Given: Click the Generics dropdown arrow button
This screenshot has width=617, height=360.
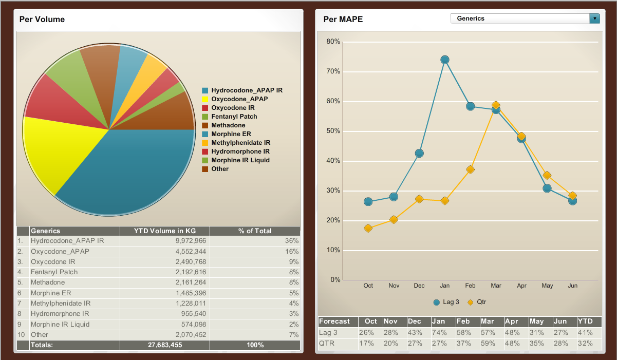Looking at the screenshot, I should [x=595, y=18].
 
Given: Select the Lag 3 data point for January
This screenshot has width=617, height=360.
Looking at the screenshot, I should [x=445, y=60].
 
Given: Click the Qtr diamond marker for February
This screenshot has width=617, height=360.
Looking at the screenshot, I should [x=470, y=169].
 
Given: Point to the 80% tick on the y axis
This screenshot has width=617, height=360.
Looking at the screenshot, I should [x=333, y=42].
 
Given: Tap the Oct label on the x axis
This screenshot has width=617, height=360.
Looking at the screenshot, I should [x=368, y=286].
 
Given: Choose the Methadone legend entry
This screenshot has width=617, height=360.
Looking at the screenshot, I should [x=228, y=125].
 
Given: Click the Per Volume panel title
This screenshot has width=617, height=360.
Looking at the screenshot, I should [x=42, y=20].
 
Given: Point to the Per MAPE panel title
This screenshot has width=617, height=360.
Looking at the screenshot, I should [x=343, y=20].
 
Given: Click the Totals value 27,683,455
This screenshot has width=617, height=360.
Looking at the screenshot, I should [x=165, y=345].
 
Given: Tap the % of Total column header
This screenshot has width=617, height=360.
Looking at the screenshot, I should [x=255, y=231].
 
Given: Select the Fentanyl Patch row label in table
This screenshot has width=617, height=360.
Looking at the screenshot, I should [x=54, y=272].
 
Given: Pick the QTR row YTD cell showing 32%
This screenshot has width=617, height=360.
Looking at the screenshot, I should [x=585, y=344].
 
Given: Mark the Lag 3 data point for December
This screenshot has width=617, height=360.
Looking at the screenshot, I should [x=419, y=154].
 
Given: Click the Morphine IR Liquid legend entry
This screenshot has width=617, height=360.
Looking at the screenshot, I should [x=240, y=160].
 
